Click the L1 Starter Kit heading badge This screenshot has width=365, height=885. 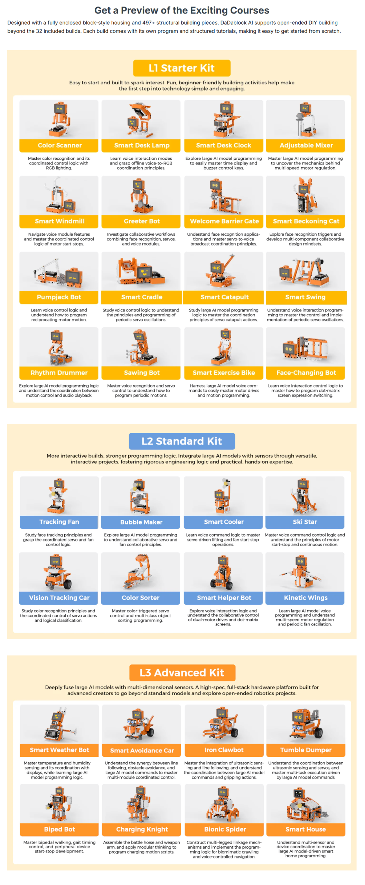click(x=182, y=68)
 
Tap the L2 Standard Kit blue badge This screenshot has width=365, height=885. click(x=182, y=441)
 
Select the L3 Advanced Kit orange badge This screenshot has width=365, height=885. click(x=182, y=672)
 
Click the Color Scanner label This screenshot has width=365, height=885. click(x=59, y=146)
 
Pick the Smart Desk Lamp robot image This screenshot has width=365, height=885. click(x=141, y=120)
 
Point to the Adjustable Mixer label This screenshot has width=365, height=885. click(x=306, y=146)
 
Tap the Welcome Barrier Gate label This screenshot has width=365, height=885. click(x=224, y=221)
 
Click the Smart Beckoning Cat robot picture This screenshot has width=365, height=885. click(x=306, y=195)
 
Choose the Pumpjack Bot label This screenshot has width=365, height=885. click(x=59, y=297)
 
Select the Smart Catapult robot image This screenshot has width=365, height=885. click(x=224, y=271)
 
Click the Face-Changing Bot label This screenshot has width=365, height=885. click(x=306, y=373)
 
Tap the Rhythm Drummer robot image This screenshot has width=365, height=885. click(x=59, y=347)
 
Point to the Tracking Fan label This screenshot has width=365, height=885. click(x=59, y=522)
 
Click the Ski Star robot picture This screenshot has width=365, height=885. click(x=305, y=496)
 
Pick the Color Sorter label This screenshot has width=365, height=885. click(x=141, y=598)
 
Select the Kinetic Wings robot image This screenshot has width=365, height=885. click(x=305, y=572)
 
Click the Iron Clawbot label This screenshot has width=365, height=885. click(x=224, y=750)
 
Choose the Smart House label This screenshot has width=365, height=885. click(x=306, y=829)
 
